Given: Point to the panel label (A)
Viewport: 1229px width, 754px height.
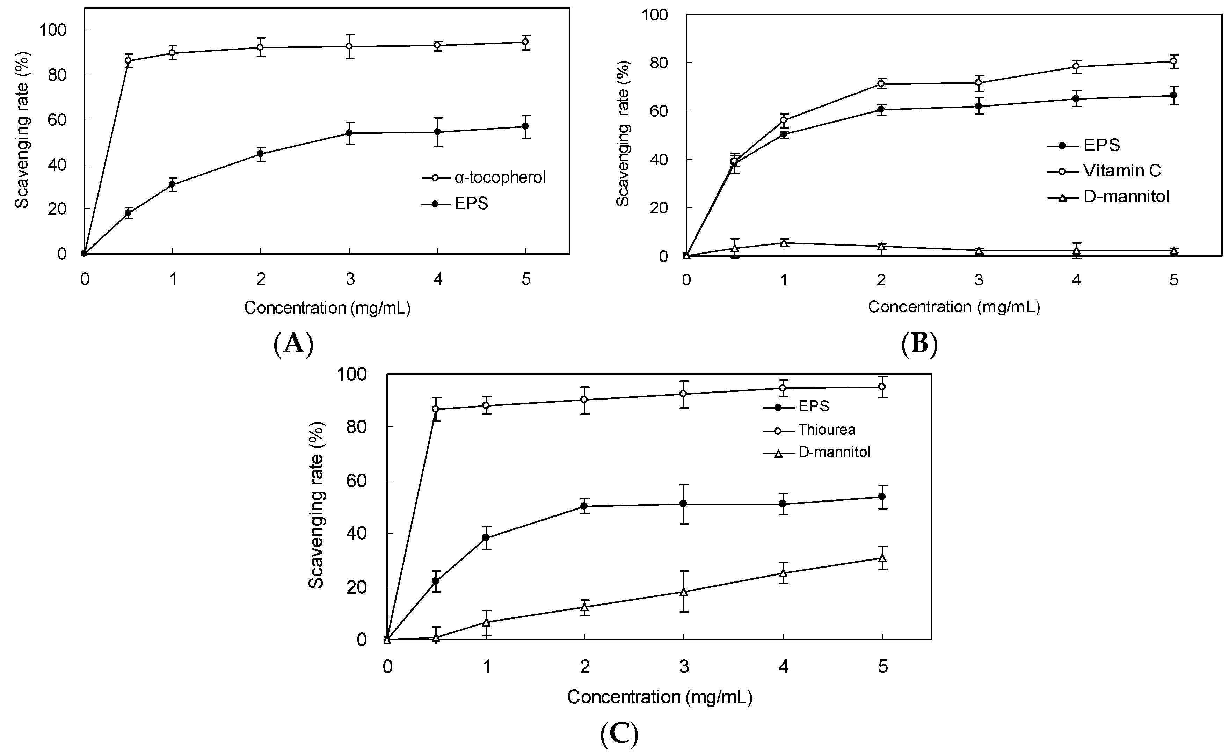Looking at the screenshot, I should point(294,344).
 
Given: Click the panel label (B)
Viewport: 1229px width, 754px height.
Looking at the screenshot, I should point(919,344).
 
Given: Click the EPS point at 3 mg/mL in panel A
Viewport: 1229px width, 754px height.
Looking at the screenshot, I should point(350,133).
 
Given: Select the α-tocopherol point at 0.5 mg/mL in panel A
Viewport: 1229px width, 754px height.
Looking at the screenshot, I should point(128,61).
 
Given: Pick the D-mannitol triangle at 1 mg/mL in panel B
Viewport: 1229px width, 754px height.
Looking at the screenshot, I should point(784,243).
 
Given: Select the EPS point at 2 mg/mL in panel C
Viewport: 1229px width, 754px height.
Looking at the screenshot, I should point(584,506).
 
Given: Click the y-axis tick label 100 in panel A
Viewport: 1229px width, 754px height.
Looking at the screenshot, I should point(52,30).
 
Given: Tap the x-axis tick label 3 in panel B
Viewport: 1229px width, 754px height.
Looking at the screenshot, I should point(979,280).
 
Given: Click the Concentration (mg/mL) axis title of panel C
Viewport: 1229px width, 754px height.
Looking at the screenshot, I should point(659,697).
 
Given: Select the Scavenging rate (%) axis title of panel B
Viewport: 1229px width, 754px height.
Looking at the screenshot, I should point(623,134).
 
